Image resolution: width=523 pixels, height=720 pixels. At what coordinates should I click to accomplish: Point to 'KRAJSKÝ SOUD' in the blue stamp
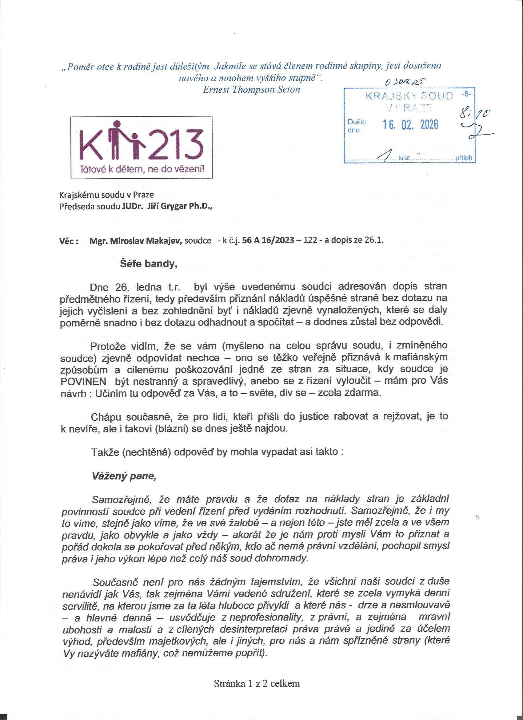tap(409, 96)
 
